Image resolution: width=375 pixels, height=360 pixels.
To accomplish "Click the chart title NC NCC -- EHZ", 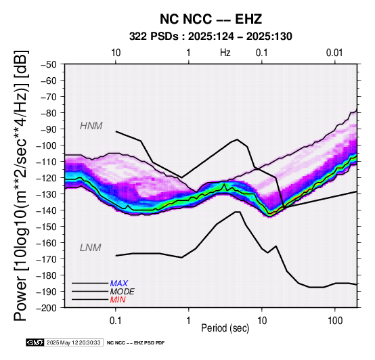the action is [211, 19].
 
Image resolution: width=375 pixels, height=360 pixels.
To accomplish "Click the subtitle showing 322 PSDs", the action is [211, 37].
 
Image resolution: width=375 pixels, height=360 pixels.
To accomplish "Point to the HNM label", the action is [91, 126].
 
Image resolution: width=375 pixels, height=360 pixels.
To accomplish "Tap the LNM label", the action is [91, 248].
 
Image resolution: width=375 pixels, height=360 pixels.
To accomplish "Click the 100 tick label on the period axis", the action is [335, 321].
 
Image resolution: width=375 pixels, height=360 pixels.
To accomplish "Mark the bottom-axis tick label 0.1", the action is [116, 321].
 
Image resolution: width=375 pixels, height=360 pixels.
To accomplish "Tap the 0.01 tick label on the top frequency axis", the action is [334, 53].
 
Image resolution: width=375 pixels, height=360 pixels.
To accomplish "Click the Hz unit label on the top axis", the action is [225, 53].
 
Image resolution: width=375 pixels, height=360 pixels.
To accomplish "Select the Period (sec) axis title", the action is [225, 328].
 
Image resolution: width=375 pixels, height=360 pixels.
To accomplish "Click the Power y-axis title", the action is [21, 185].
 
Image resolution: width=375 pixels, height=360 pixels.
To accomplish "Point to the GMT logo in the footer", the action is [35, 342].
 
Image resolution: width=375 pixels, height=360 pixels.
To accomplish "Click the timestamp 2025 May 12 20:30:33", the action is [73, 342].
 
